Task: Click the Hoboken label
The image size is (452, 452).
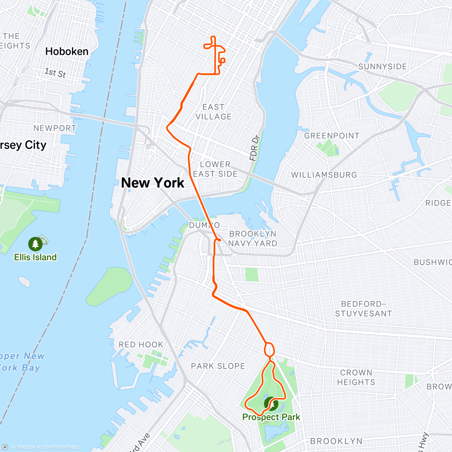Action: click(67, 52)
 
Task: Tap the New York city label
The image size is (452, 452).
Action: click(153, 183)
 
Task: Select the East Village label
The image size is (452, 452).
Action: click(214, 112)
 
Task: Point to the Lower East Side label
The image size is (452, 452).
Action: click(215, 169)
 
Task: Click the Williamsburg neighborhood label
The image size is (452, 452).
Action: click(324, 175)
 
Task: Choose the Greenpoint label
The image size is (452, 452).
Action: click(332, 136)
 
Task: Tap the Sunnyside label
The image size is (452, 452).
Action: click(382, 67)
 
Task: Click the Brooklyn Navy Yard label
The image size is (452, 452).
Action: click(253, 238)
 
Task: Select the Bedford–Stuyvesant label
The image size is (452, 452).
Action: click(363, 309)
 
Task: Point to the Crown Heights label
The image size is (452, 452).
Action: click(356, 377)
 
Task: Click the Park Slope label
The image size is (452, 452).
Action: click(218, 366)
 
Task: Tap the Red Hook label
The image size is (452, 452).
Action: click(141, 345)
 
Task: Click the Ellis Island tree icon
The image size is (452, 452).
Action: click(35, 244)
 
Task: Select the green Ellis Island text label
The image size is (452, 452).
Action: click(35, 257)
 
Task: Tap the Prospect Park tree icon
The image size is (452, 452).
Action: click(271, 404)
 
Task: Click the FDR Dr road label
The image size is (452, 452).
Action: click(255, 148)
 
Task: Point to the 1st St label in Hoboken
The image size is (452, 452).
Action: click(55, 72)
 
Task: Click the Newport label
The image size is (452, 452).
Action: click(55, 128)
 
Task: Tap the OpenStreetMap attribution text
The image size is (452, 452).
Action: click(60, 447)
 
